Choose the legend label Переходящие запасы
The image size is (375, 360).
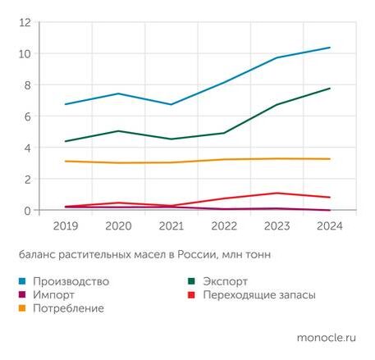pyautogui.click(x=259, y=294)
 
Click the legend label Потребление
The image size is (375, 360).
pyautogui.click(x=68, y=308)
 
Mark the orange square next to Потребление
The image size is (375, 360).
pyautogui.click(x=21, y=308)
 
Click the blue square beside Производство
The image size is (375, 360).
pyautogui.click(x=21, y=281)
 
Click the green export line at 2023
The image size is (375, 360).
pyautogui.click(x=277, y=105)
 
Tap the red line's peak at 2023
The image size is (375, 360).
pyautogui.click(x=277, y=193)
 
